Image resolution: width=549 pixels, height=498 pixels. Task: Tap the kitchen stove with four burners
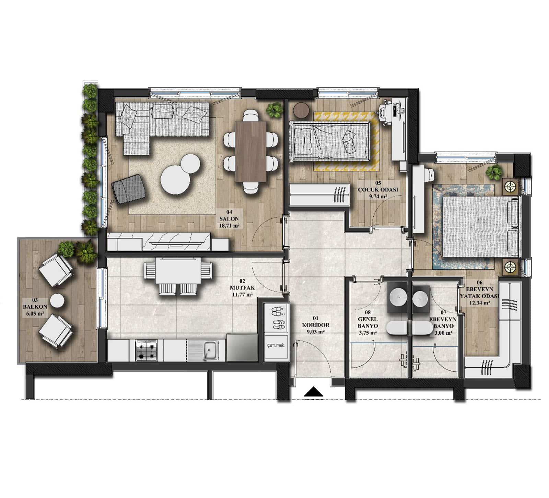(x=147, y=350)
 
